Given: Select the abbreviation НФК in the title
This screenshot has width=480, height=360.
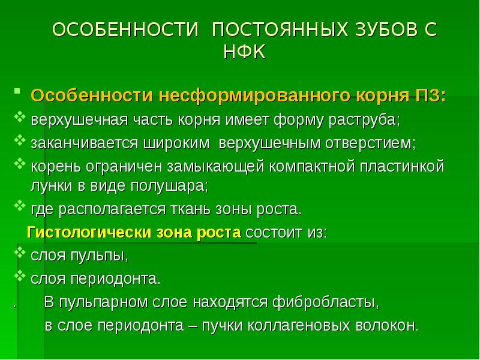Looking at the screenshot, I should (x=244, y=52).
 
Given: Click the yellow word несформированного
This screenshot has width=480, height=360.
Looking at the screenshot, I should (x=256, y=96).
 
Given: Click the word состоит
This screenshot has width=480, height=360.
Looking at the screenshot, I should (x=275, y=233).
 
